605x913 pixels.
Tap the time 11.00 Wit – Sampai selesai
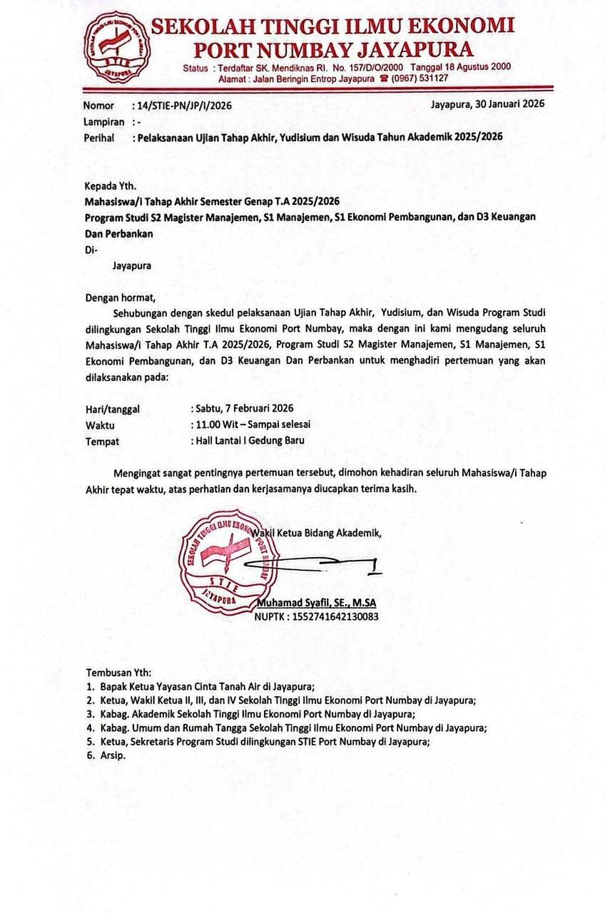point(252,424)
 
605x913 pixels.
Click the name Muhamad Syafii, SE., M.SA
point(316,602)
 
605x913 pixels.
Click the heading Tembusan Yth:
point(118,673)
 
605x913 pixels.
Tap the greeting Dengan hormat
point(119,297)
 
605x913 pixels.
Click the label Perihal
point(99,137)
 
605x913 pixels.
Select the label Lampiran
point(104,121)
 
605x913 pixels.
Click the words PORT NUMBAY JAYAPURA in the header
point(334,49)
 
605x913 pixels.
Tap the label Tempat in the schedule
point(102,441)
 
